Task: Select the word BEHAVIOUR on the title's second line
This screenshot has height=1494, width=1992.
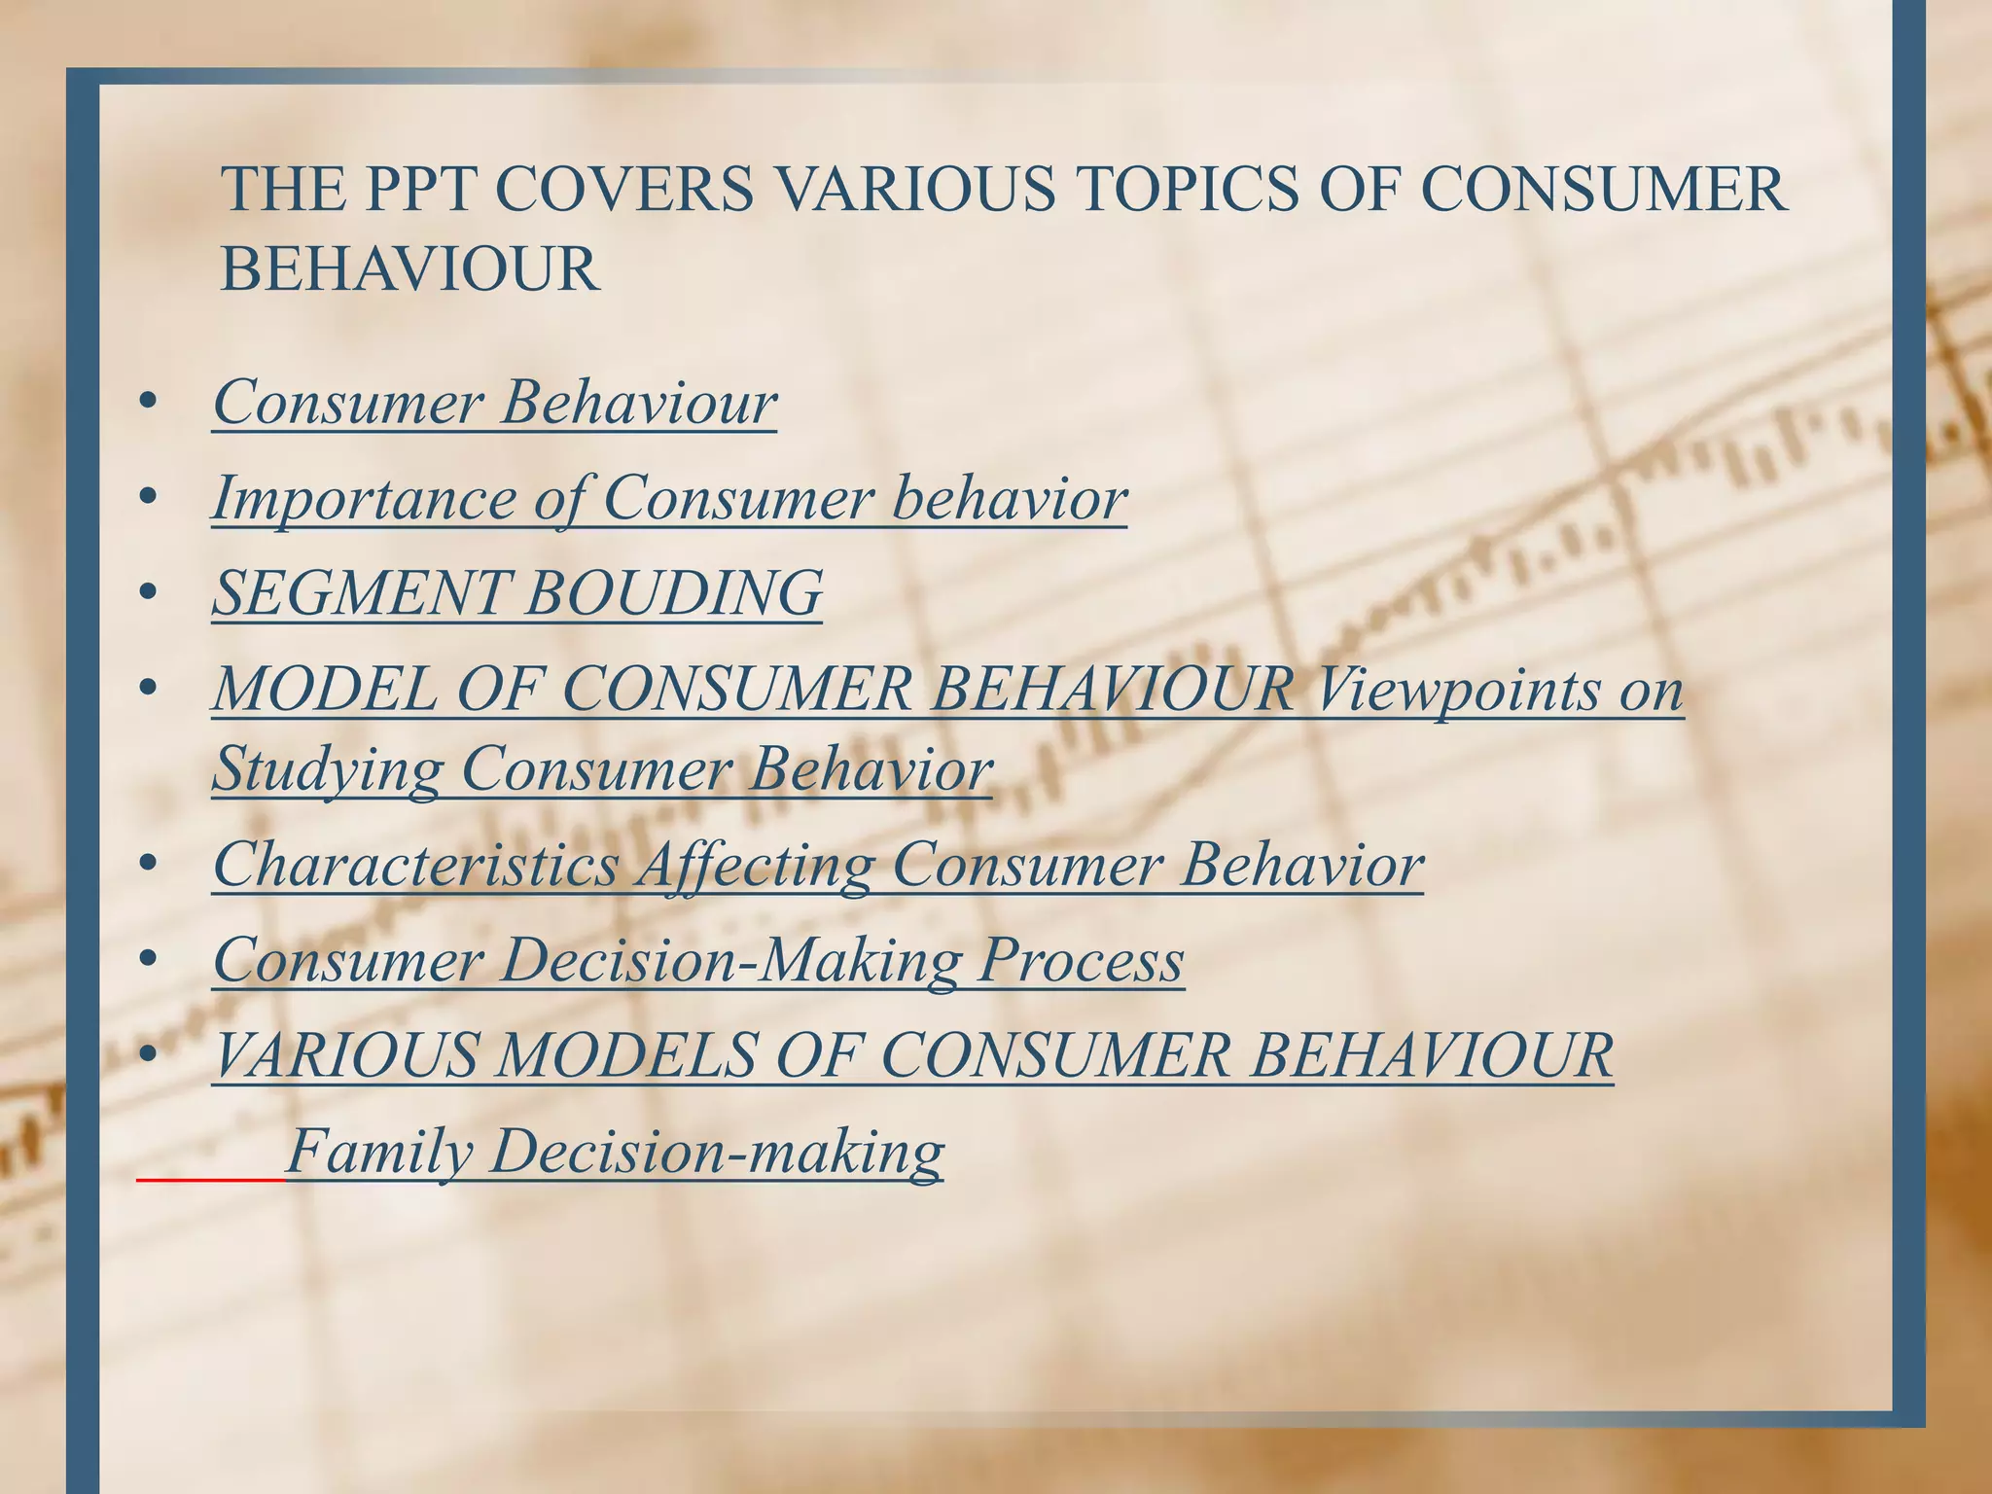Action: [x=409, y=269]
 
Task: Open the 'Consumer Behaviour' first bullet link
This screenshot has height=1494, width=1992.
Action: [x=495, y=402]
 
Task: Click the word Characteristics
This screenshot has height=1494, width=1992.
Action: [x=415, y=864]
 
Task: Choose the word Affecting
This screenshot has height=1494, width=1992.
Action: [x=754, y=864]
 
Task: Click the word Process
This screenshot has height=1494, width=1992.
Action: [x=1081, y=959]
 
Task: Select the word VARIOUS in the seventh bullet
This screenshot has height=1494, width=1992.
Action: [x=345, y=1054]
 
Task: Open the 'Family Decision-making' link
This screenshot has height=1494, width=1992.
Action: [x=615, y=1151]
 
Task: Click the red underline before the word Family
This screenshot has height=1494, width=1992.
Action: [x=210, y=1180]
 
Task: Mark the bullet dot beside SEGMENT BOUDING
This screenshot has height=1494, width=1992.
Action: [x=148, y=592]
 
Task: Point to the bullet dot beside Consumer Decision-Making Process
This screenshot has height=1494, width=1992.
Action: [x=148, y=960]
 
